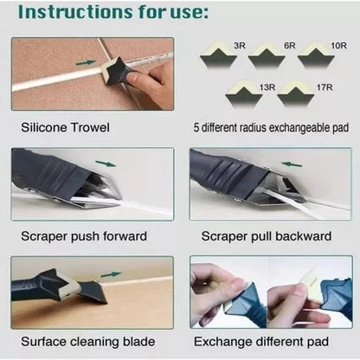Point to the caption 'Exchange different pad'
tap(264, 342)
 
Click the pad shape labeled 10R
tap(319, 57)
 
